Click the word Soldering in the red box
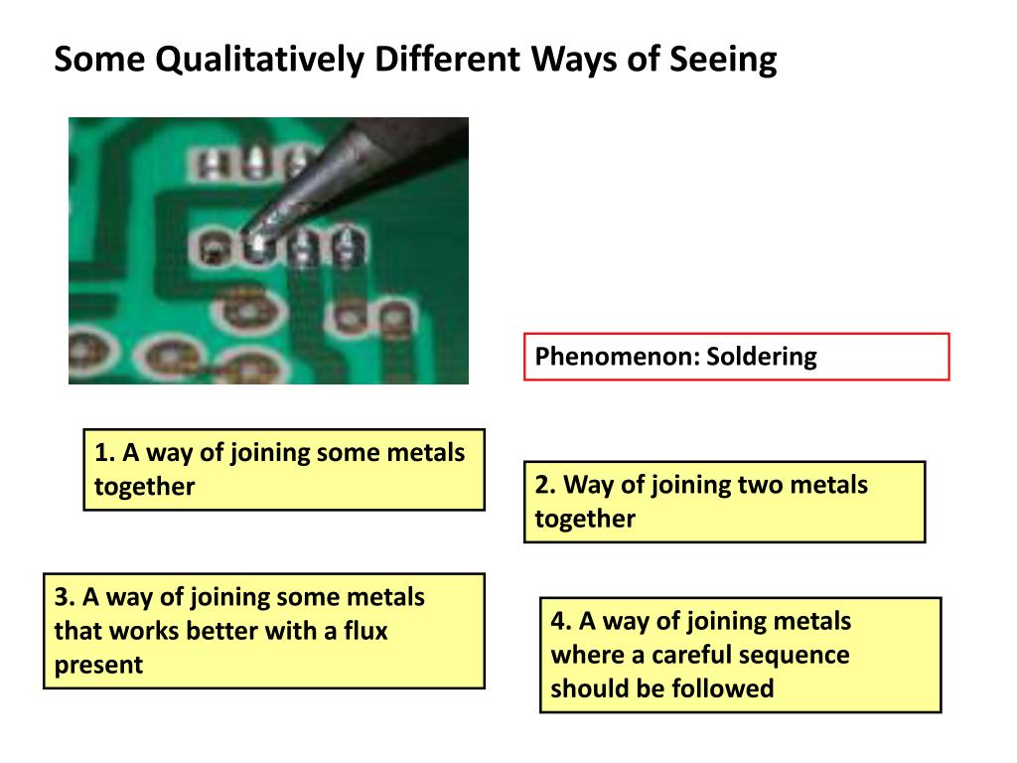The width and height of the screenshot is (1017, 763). coord(762,357)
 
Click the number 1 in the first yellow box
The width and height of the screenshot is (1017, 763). coord(101,453)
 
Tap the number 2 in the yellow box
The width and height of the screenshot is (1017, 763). coord(542,485)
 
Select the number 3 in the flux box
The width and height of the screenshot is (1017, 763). coord(62,597)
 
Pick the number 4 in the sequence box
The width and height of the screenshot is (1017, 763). coord(558,621)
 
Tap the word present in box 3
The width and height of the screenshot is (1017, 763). coord(98,665)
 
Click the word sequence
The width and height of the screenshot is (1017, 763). coord(800,655)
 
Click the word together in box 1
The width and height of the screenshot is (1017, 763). coord(144,487)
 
